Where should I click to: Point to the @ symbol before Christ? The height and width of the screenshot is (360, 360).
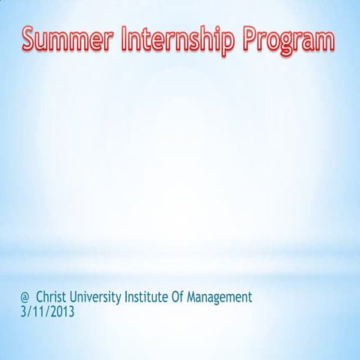coord(26,297)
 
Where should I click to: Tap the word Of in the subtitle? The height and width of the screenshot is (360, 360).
coord(187,297)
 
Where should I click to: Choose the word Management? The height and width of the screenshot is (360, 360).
coord(225,298)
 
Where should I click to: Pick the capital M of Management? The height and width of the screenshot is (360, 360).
coord(202,297)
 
